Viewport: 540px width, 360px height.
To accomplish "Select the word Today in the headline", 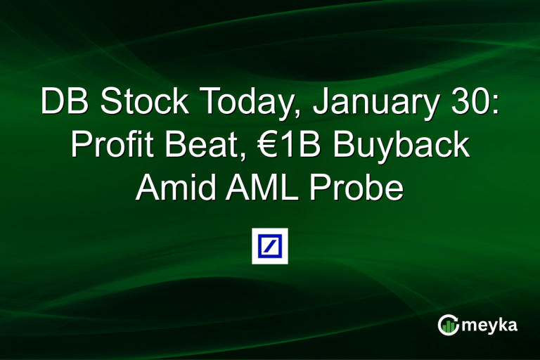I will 239,103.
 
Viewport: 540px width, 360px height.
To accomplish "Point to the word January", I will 371,103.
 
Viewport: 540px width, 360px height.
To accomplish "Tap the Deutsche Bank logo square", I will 270,246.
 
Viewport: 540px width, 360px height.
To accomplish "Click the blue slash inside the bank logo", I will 270,246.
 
